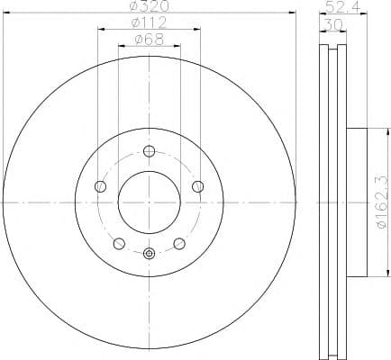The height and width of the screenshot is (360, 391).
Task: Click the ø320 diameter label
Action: click(x=150, y=6)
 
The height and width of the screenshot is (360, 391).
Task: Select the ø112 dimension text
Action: click(x=149, y=22)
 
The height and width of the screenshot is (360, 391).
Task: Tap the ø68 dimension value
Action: click(x=150, y=40)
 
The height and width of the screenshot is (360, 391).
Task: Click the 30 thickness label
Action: click(x=332, y=24)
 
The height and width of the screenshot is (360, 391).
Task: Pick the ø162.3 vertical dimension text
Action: click(x=382, y=202)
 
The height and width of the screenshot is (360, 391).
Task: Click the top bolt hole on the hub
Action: click(x=149, y=151)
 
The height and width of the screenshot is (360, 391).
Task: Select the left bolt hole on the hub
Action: click(x=100, y=186)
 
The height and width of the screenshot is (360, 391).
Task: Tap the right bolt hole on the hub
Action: click(x=198, y=186)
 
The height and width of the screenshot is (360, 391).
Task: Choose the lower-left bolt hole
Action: click(x=119, y=243)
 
